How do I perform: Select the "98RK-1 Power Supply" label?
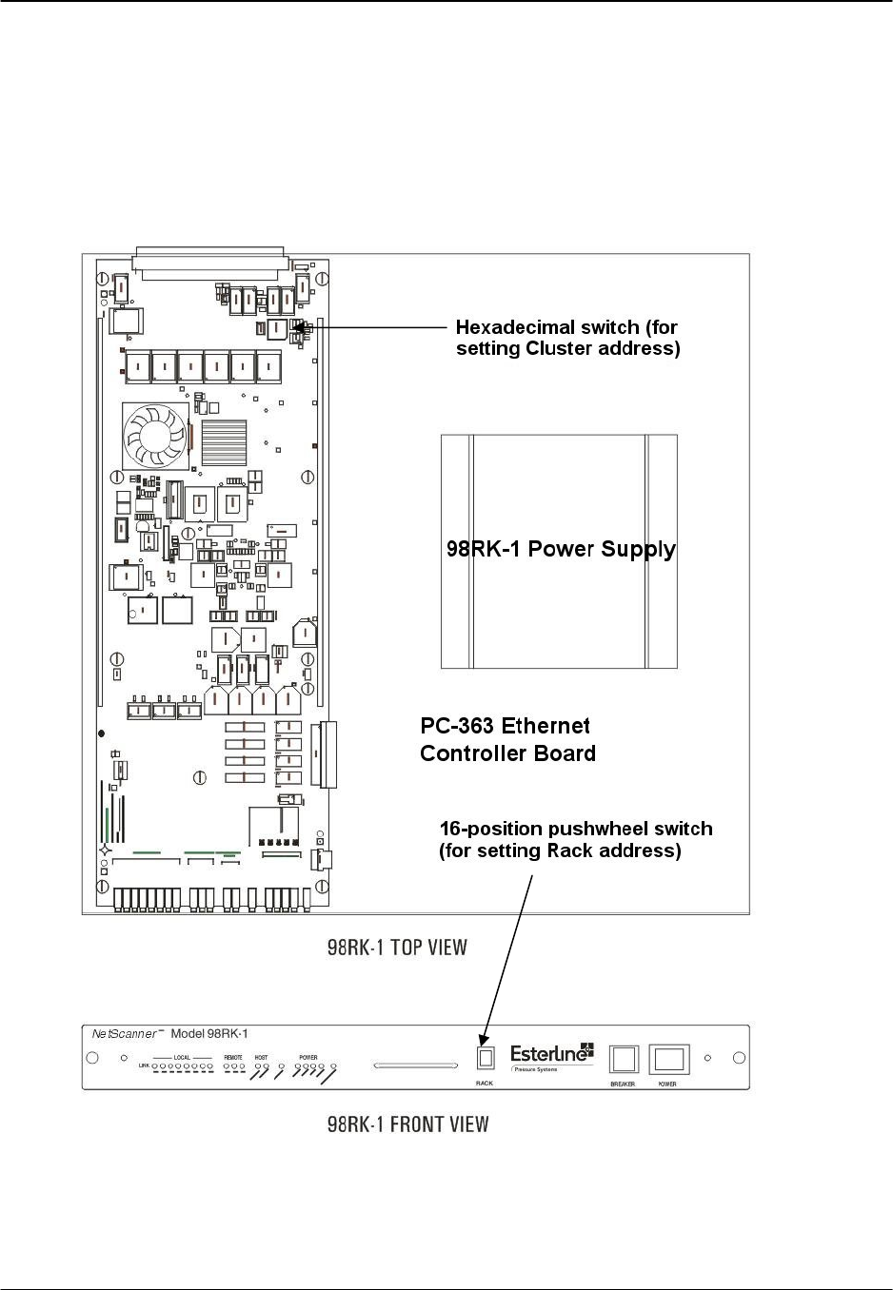[x=561, y=549]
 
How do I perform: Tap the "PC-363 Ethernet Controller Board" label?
[x=507, y=739]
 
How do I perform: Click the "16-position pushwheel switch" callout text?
[x=575, y=829]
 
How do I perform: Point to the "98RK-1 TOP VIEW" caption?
[x=397, y=948]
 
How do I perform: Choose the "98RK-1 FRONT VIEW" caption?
[x=407, y=1124]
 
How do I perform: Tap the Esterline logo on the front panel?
[x=551, y=1055]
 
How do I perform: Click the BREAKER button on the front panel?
[x=624, y=1059]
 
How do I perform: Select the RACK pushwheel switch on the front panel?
[x=485, y=1058]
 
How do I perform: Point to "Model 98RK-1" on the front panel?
[x=209, y=1034]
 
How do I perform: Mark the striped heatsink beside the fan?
[x=224, y=442]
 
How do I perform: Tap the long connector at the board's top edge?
[x=210, y=263]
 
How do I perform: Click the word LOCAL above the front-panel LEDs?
[x=182, y=1057]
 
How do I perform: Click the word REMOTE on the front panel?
[x=233, y=1057]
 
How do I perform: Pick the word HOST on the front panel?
[x=262, y=1057]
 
